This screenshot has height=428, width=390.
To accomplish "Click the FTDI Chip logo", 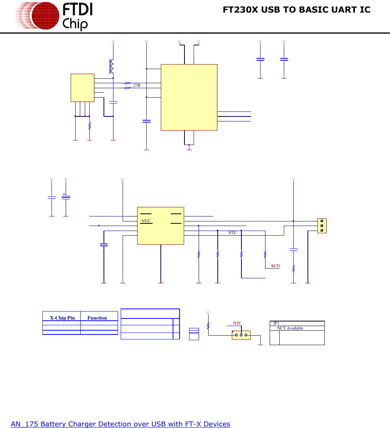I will pyautogui.click(x=53, y=16).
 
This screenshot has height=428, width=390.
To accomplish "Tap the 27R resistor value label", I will pyautogui.click(x=137, y=85).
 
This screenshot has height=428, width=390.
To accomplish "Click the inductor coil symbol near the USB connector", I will pyautogui.click(x=112, y=66).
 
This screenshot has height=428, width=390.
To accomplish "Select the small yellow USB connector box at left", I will pyautogui.click(x=82, y=87).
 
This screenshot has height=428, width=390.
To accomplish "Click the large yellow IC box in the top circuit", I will pyautogui.click(x=189, y=97).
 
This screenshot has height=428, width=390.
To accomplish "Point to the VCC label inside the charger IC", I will pyautogui.click(x=146, y=221).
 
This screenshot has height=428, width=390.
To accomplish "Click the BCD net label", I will pyautogui.click(x=275, y=266).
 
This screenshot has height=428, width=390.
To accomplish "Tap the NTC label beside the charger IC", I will pyautogui.click(x=233, y=233).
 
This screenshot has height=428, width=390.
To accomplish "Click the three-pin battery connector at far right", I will pyautogui.click(x=322, y=226).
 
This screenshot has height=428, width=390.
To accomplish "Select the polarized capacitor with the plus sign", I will pyautogui.click(x=66, y=197).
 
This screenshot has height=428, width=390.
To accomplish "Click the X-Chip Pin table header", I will pyautogui.click(x=62, y=318).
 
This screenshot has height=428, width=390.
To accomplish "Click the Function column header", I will pyautogui.click(x=97, y=318).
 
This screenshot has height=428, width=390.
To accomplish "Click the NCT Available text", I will pyautogui.click(x=290, y=328).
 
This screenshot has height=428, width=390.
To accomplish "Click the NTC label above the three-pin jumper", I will pyautogui.click(x=237, y=323).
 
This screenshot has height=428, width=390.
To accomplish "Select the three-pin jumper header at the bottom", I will pyautogui.click(x=241, y=335).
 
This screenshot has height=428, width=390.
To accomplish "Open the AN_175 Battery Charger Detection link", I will pyautogui.click(x=120, y=424).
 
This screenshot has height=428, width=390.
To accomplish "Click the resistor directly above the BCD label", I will pyautogui.click(x=265, y=254).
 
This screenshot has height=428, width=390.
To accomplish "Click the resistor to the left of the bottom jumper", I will pyautogui.click(x=208, y=326).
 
